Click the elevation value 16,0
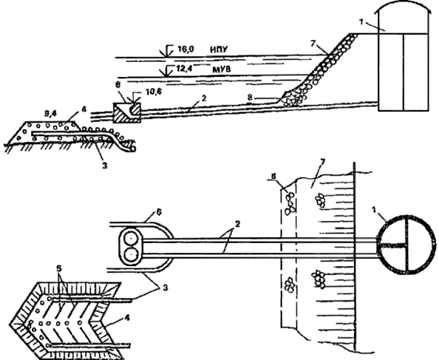(x=185, y=49)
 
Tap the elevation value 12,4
(x=184, y=68)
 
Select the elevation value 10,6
(x=154, y=92)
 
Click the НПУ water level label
(x=219, y=49)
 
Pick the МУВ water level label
(x=222, y=69)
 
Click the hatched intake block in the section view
(x=126, y=113)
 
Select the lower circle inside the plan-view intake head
(x=131, y=255)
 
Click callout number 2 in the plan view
(x=238, y=225)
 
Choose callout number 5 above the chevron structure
(x=59, y=268)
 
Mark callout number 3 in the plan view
(x=165, y=288)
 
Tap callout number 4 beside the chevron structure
(x=126, y=319)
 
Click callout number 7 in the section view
(x=313, y=44)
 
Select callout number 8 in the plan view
(x=273, y=176)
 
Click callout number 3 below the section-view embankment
(x=105, y=166)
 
